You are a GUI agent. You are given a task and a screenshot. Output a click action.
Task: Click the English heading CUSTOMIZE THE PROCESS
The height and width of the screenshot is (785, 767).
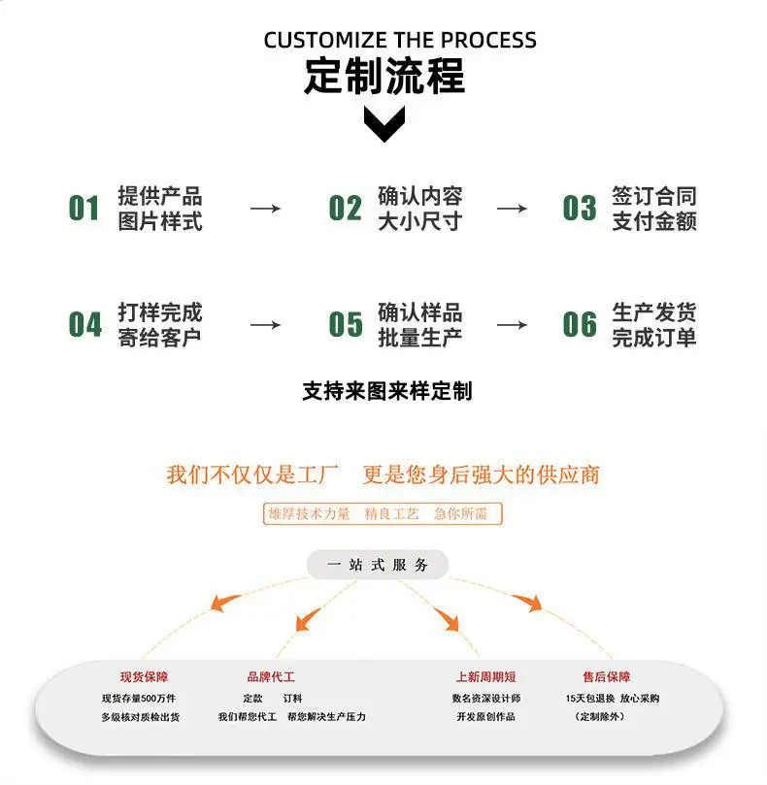pos(400,40)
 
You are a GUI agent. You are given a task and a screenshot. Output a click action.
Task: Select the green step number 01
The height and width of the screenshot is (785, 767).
pos(83,209)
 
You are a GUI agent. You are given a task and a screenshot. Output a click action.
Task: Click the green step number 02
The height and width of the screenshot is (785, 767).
pos(346,209)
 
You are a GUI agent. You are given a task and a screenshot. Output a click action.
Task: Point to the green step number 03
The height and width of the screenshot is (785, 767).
pos(580,209)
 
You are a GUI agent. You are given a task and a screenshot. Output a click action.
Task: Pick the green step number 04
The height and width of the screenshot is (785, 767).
pos(85,324)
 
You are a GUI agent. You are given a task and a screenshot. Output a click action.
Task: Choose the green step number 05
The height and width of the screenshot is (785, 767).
pos(346,324)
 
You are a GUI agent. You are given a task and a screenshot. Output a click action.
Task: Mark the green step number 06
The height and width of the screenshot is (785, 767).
pos(580,324)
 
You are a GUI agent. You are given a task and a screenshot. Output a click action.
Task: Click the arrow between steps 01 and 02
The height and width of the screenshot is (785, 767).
pos(265,209)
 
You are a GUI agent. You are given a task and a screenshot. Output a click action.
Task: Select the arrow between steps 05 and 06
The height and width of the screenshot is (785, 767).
pos(512,325)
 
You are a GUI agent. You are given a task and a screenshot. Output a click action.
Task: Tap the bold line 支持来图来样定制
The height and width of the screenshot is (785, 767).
pos(387,391)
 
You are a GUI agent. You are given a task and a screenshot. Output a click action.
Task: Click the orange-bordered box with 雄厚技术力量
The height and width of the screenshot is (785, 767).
pos(383,513)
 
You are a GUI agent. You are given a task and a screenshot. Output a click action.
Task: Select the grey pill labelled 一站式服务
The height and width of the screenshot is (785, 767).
pos(378,565)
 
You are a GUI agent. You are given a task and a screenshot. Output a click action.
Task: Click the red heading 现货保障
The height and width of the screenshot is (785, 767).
pos(144,677)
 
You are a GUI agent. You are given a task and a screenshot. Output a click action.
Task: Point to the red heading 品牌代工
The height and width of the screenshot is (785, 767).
pos(271,677)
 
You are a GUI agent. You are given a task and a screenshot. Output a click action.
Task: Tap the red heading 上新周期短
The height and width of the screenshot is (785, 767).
pos(486,677)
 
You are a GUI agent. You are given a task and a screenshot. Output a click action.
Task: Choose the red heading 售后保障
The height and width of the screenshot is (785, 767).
pos(606,677)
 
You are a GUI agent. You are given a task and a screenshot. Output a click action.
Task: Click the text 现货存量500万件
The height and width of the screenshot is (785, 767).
pos(139,698)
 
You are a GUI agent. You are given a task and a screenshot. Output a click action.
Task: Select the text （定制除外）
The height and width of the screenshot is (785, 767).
pos(600,717)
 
